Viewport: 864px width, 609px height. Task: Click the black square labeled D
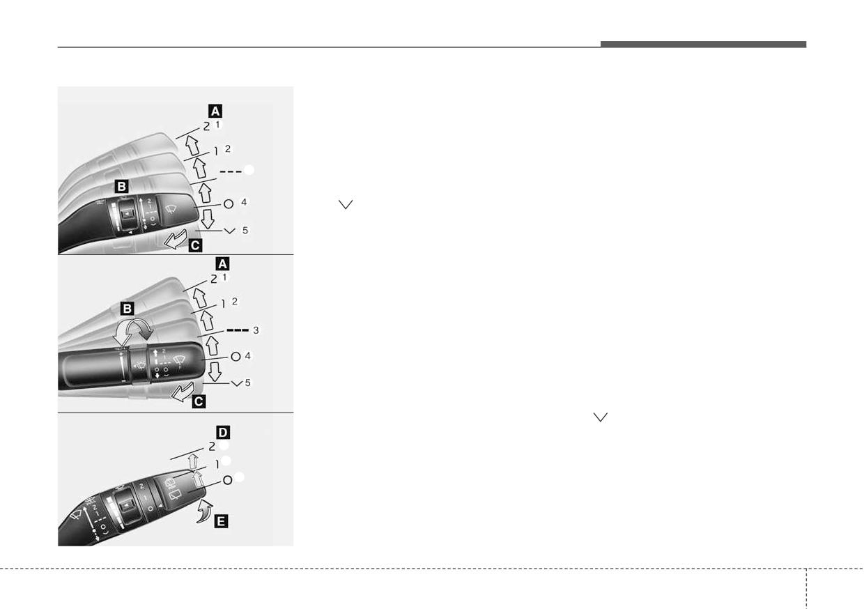point(223,432)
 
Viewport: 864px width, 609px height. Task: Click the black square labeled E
point(221,521)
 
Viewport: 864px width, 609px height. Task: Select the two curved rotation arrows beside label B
point(133,331)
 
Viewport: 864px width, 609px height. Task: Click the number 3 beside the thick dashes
point(256,330)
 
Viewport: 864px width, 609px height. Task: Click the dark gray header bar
point(703,45)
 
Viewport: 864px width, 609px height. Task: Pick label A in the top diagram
point(215,111)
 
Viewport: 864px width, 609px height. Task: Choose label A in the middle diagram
point(222,264)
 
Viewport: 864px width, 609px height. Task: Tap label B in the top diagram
point(121,187)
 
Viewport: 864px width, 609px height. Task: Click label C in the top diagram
point(195,245)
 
